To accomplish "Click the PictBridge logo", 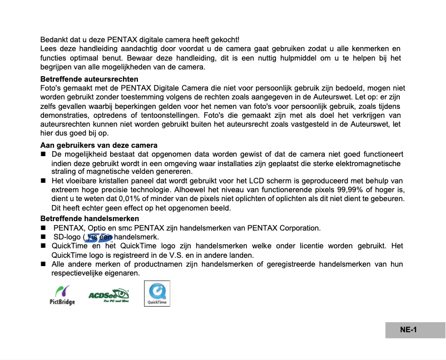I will [62, 294].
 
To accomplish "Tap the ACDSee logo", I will [108, 294].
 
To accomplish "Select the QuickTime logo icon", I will [157, 293].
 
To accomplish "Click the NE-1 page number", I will [409, 330].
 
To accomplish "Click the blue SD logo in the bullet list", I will [102, 237].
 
